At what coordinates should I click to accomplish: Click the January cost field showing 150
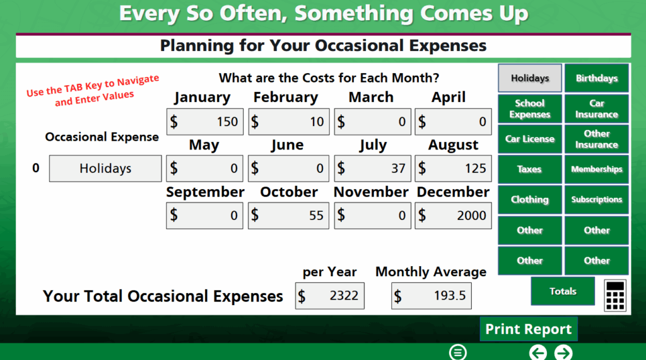point(205,122)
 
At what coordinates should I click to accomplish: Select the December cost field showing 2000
point(453,215)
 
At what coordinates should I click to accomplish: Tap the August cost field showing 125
point(453,168)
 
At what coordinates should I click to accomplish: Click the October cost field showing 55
point(288,215)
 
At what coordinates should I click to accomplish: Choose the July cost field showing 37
point(372,168)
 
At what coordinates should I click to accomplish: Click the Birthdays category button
point(597,78)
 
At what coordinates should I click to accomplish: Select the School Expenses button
point(530,108)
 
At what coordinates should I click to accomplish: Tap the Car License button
point(530,139)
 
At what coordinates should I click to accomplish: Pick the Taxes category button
point(530,170)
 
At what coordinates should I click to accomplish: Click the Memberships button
point(597,170)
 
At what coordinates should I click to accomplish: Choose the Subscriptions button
point(597,200)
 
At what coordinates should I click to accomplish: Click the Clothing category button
point(530,200)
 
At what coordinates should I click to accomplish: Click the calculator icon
point(615,295)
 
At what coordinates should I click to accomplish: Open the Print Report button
point(529,329)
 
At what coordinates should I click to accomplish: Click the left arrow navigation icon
point(538,353)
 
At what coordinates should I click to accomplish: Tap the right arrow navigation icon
point(563,353)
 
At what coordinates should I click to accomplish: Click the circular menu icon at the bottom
point(458,352)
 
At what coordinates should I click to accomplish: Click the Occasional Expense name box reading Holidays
point(105,168)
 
